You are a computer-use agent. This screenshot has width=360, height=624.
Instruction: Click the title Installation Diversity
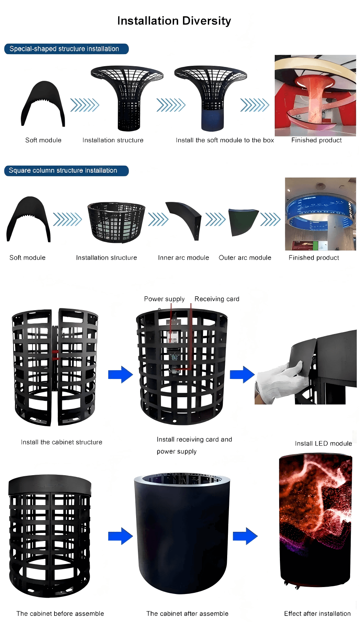(174, 21)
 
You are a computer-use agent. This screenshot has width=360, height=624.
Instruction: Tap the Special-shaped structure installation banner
(66, 49)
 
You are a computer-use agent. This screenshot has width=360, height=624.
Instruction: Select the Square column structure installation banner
(66, 170)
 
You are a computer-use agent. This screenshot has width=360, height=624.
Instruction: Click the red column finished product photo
(315, 95)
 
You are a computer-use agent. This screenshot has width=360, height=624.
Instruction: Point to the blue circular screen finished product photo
(320, 214)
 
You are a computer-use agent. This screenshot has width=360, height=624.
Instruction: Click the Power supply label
(164, 299)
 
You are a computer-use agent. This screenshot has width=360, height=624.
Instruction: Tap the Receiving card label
(217, 299)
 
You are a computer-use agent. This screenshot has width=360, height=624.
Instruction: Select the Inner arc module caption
(183, 258)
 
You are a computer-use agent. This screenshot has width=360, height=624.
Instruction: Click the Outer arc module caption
(245, 258)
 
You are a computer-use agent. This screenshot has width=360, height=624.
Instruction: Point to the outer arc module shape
(243, 222)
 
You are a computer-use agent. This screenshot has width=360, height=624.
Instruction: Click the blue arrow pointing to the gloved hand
(242, 375)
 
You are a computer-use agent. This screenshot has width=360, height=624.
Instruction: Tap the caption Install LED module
(323, 443)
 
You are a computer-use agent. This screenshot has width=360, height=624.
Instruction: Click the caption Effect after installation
(317, 613)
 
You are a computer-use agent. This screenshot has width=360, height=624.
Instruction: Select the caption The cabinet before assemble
(60, 613)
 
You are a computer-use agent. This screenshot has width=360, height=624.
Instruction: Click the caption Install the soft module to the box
(225, 140)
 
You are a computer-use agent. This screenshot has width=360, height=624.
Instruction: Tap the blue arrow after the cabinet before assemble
(120, 536)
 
